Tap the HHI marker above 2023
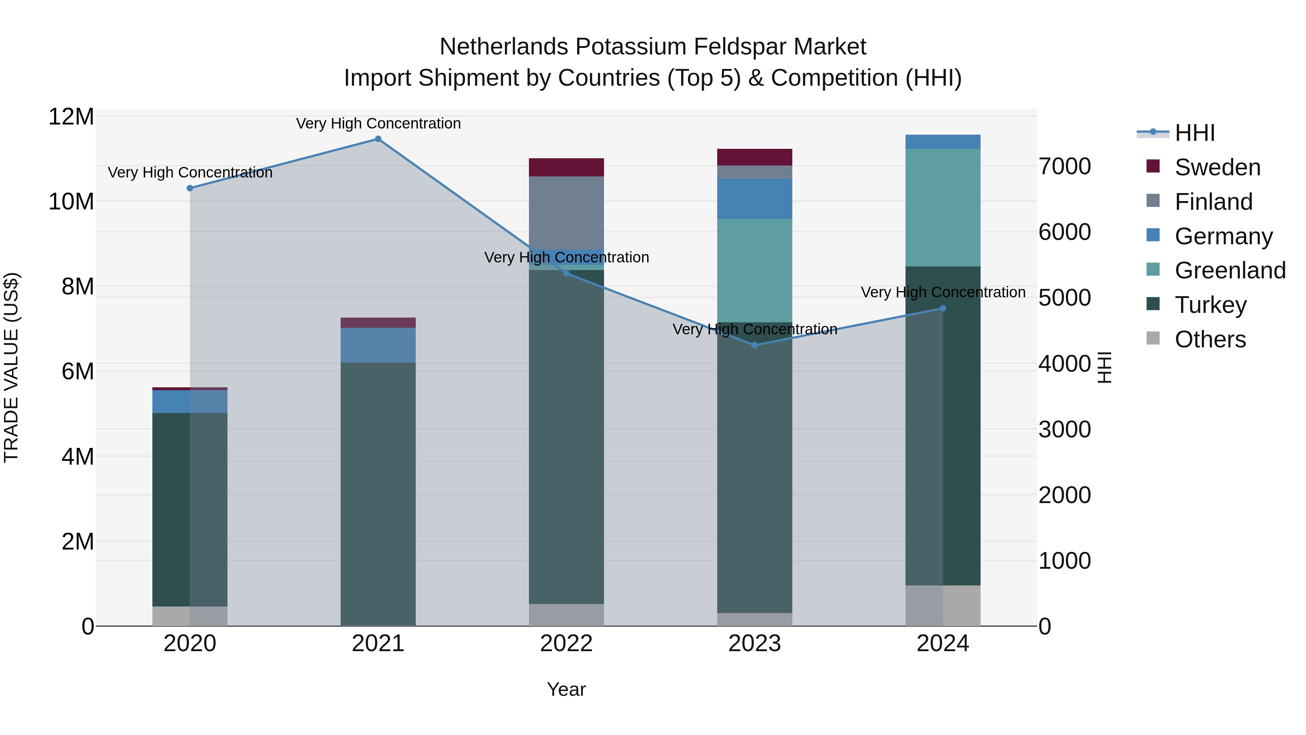755,346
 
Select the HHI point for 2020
190,188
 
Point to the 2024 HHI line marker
943,309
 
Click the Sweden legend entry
1217,167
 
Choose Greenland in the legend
1229,270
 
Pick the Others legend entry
1210,339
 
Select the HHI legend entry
1194,133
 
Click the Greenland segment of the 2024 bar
943,208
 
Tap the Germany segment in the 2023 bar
755,199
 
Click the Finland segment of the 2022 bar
566,213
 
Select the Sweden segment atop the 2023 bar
755,157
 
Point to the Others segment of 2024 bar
943,606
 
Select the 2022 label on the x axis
566,644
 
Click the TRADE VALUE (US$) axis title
11,367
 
